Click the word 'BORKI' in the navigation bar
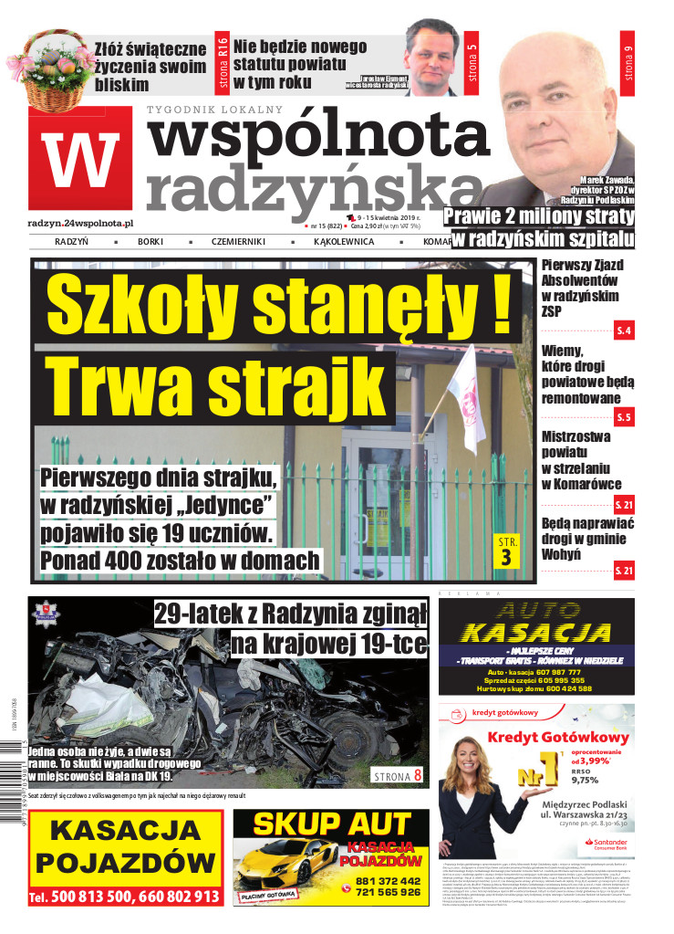point(150,242)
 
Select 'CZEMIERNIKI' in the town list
point(239,242)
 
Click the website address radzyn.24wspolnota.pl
point(81,223)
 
